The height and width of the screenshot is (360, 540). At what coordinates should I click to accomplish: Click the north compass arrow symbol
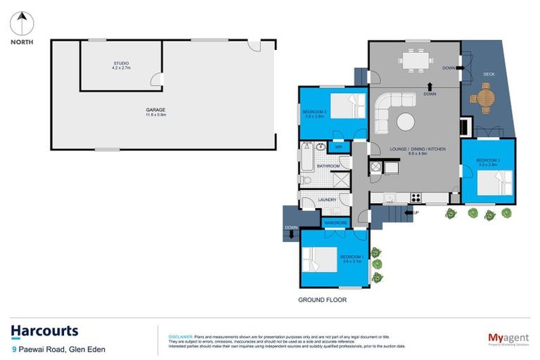[21, 24]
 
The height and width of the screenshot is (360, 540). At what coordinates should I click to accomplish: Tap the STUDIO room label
[121, 64]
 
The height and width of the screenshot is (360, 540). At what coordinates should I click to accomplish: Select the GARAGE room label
[155, 110]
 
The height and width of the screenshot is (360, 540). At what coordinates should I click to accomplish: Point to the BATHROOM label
[328, 166]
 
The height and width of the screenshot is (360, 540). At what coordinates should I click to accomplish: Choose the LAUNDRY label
[328, 200]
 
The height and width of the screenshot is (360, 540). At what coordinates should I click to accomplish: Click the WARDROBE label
[336, 223]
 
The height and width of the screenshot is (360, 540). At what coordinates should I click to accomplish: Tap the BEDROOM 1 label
[352, 257]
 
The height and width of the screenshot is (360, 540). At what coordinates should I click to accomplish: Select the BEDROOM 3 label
[488, 161]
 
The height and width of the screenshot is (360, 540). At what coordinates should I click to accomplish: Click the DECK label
[489, 74]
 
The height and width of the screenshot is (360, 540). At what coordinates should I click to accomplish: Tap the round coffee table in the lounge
[406, 122]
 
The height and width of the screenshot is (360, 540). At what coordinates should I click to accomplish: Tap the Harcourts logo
[44, 331]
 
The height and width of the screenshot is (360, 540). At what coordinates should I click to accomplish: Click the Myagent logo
[508, 337]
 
